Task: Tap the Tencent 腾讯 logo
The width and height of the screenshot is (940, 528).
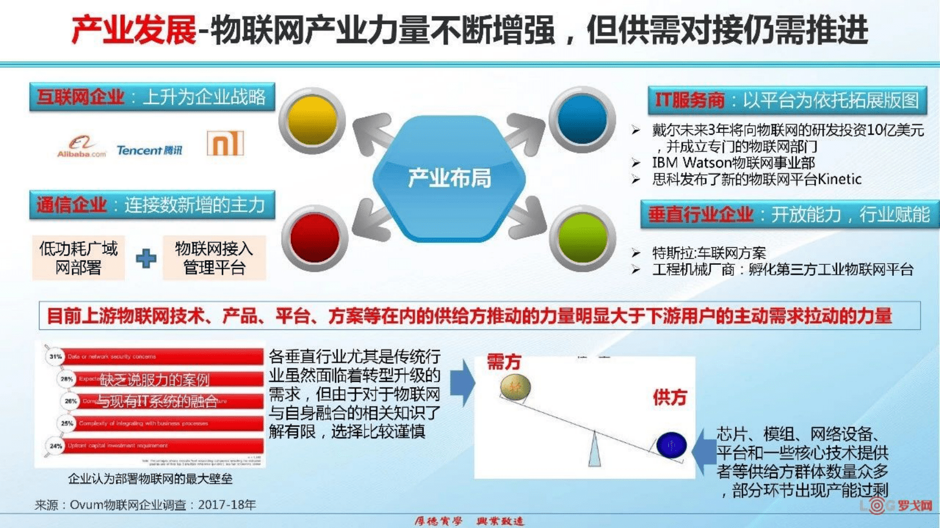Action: pyautogui.click(x=149, y=150)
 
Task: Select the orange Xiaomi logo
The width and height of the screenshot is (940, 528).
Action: pyautogui.click(x=225, y=143)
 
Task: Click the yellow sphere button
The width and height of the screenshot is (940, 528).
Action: pyautogui.click(x=312, y=121)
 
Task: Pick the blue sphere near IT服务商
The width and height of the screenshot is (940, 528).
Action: pyautogui.click(x=582, y=119)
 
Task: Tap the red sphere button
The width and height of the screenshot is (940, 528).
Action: pyautogui.click(x=315, y=238)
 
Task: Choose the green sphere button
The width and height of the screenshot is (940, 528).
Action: pyautogui.click(x=582, y=238)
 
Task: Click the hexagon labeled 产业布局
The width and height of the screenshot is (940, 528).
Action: pyautogui.click(x=449, y=178)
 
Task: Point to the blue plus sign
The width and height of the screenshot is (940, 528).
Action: pyautogui.click(x=146, y=258)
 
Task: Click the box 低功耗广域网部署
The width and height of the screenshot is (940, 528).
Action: pyautogui.click(x=78, y=258)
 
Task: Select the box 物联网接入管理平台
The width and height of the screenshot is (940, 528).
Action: pyautogui.click(x=214, y=258)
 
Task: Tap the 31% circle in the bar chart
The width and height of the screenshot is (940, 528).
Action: pyautogui.click(x=55, y=357)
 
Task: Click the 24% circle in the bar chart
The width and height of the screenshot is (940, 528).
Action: pyautogui.click(x=56, y=446)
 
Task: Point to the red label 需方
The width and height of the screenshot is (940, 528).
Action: pyautogui.click(x=504, y=362)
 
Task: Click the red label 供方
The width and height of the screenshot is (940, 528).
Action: pyautogui.click(x=669, y=397)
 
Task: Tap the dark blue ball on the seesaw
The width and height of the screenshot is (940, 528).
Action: pyautogui.click(x=671, y=445)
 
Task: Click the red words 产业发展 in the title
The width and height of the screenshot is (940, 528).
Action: pyautogui.click(x=134, y=30)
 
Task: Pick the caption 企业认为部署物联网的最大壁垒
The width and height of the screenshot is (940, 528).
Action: pyautogui.click(x=150, y=479)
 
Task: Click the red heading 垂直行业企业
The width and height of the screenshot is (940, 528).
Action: pyautogui.click(x=700, y=214)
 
